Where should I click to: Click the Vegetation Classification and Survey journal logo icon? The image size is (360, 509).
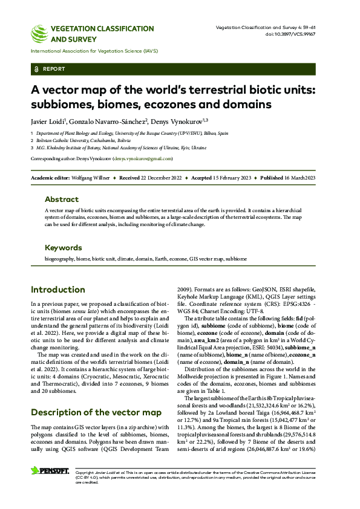(x=40, y=31)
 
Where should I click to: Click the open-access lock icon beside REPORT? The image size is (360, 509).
(x=37, y=70)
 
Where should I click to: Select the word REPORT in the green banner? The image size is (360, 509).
(x=54, y=70)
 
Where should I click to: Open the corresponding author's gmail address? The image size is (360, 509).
(x=143, y=158)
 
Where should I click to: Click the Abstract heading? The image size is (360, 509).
(x=61, y=199)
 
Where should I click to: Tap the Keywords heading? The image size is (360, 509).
(x=63, y=248)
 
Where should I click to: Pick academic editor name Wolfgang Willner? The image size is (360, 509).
(x=91, y=179)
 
